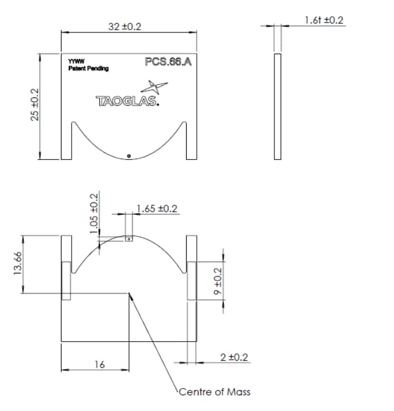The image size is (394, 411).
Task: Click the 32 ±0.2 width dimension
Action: click(x=124, y=27)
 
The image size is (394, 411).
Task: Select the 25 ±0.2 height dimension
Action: click(x=35, y=105)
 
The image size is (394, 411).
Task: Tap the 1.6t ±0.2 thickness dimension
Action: click(x=324, y=20)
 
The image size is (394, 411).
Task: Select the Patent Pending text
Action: click(x=88, y=68)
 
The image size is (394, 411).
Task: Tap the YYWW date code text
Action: click(x=76, y=62)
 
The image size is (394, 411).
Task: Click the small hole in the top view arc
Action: click(x=129, y=156)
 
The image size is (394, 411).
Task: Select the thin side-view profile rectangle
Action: click(x=278, y=106)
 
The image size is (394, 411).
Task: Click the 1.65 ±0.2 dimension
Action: click(x=157, y=209)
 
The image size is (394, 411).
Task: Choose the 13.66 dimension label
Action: click(x=17, y=263)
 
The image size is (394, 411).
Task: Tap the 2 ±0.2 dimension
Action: click(x=234, y=357)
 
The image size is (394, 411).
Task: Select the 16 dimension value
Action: click(x=99, y=364)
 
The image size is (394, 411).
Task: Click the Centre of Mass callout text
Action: click(x=215, y=391)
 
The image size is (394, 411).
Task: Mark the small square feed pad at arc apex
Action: click(x=129, y=238)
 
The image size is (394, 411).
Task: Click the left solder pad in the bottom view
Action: click(x=66, y=281)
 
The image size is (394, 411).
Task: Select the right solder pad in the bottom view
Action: click(x=192, y=281)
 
